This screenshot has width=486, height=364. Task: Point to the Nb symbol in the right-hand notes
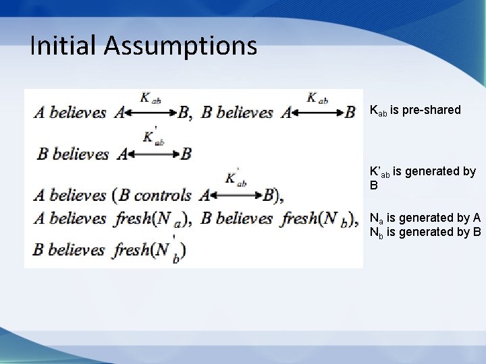(376, 233)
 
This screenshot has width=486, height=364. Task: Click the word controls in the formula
(163, 196)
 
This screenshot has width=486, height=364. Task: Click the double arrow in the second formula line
(154, 154)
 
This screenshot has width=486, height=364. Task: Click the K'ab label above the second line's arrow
(153, 138)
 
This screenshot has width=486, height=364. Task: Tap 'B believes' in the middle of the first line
(237, 113)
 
